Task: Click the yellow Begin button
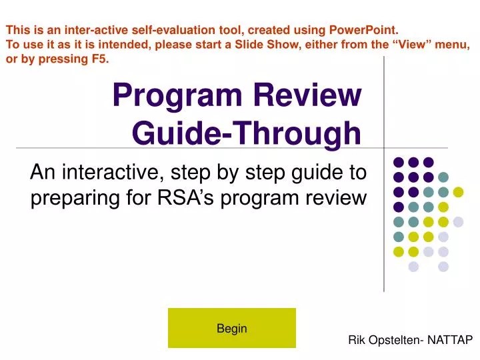(x=231, y=328)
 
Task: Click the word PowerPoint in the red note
(x=366, y=30)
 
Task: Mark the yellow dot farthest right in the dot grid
(x=458, y=192)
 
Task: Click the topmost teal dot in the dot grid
(x=443, y=177)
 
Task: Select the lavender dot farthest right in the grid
(x=458, y=221)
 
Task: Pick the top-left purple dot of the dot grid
(x=399, y=162)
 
